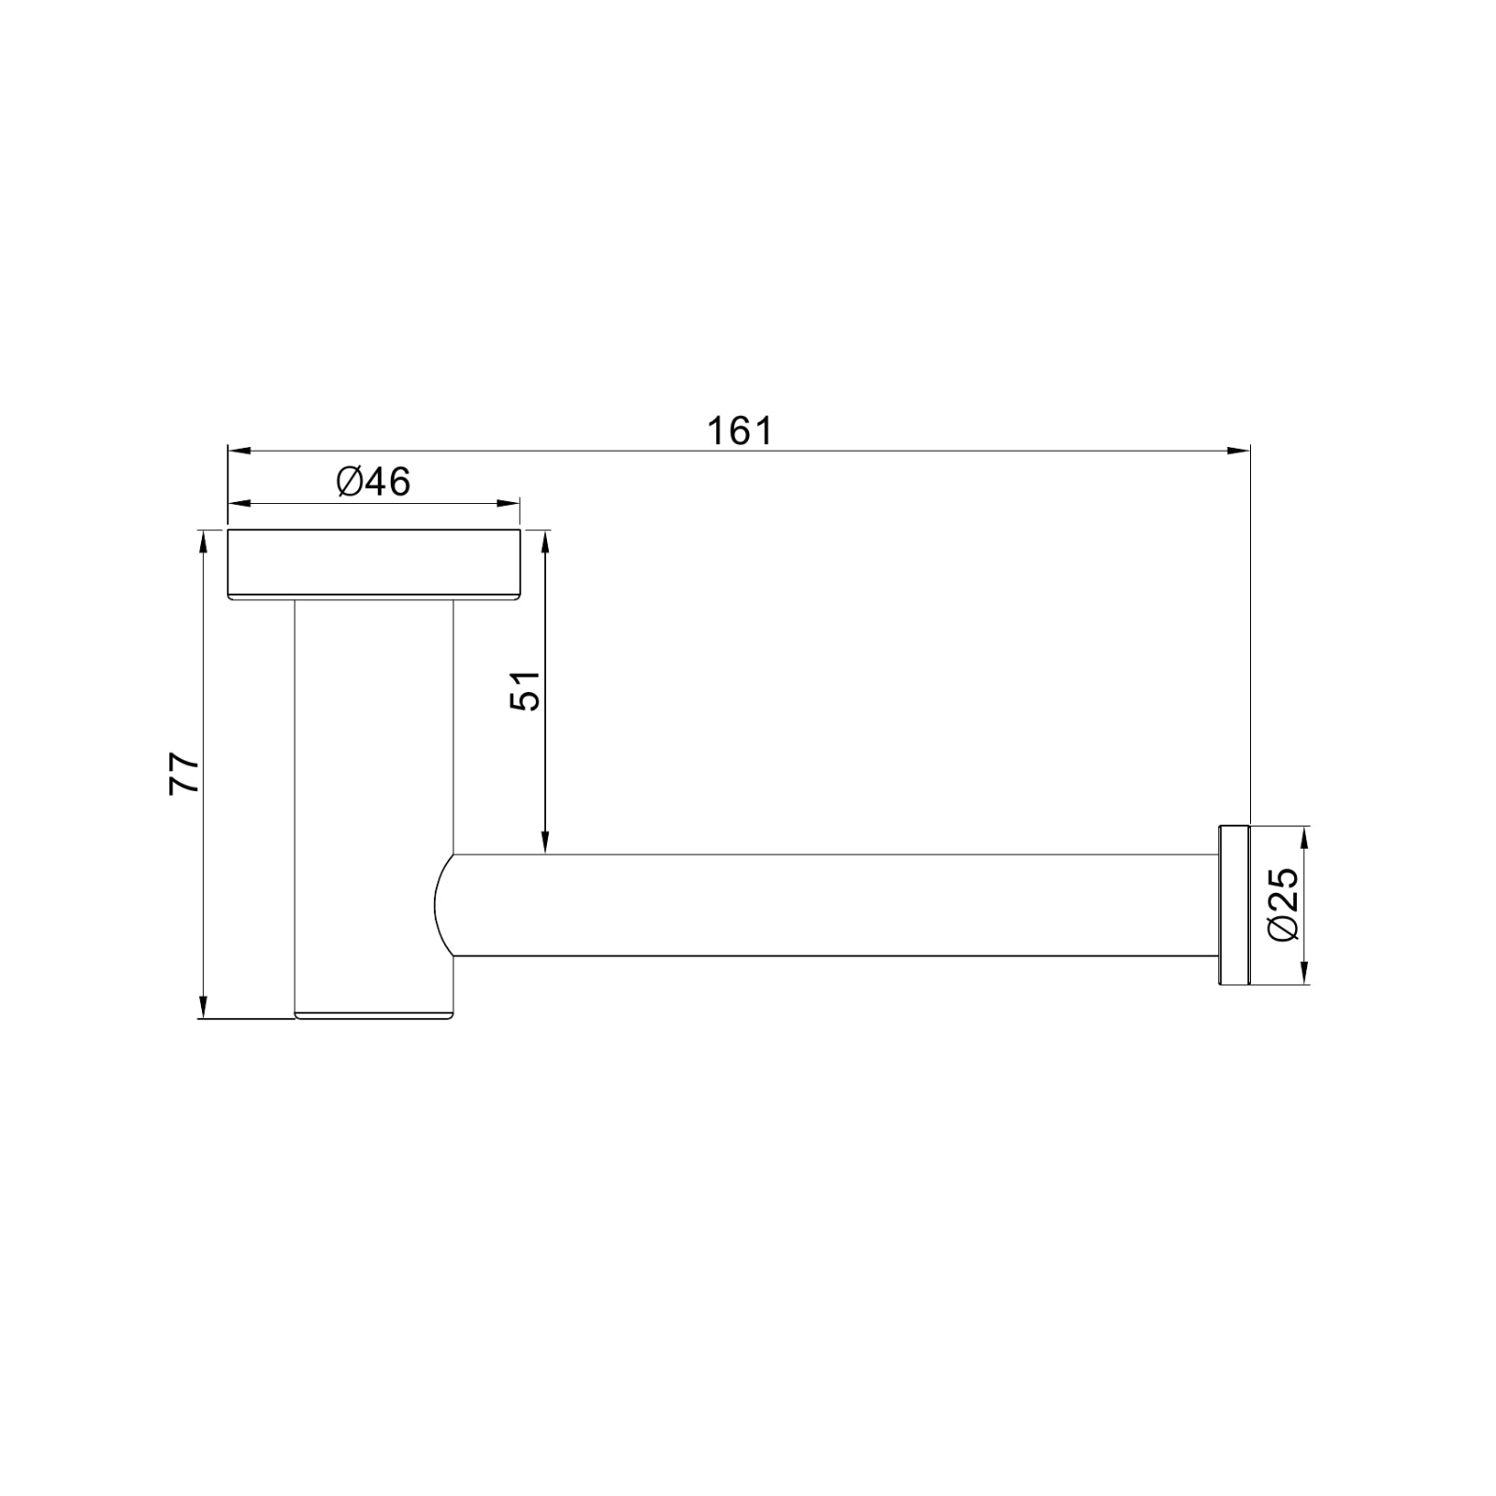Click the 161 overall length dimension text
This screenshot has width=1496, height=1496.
coord(740,432)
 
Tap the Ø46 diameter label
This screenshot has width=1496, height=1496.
coord(373,482)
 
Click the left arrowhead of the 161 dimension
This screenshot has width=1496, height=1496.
coord(239,451)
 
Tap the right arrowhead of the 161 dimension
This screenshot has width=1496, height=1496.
coord(1239,451)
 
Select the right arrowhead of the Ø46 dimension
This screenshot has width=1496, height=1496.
coord(509,505)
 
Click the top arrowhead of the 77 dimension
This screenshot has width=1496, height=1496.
coord(202,541)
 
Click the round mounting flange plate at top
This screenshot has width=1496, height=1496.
coord(374,564)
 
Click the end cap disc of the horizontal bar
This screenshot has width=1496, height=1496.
coord(1233,905)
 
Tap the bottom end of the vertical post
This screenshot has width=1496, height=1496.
coord(374,1013)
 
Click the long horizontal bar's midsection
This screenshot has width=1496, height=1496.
coord(832,905)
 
